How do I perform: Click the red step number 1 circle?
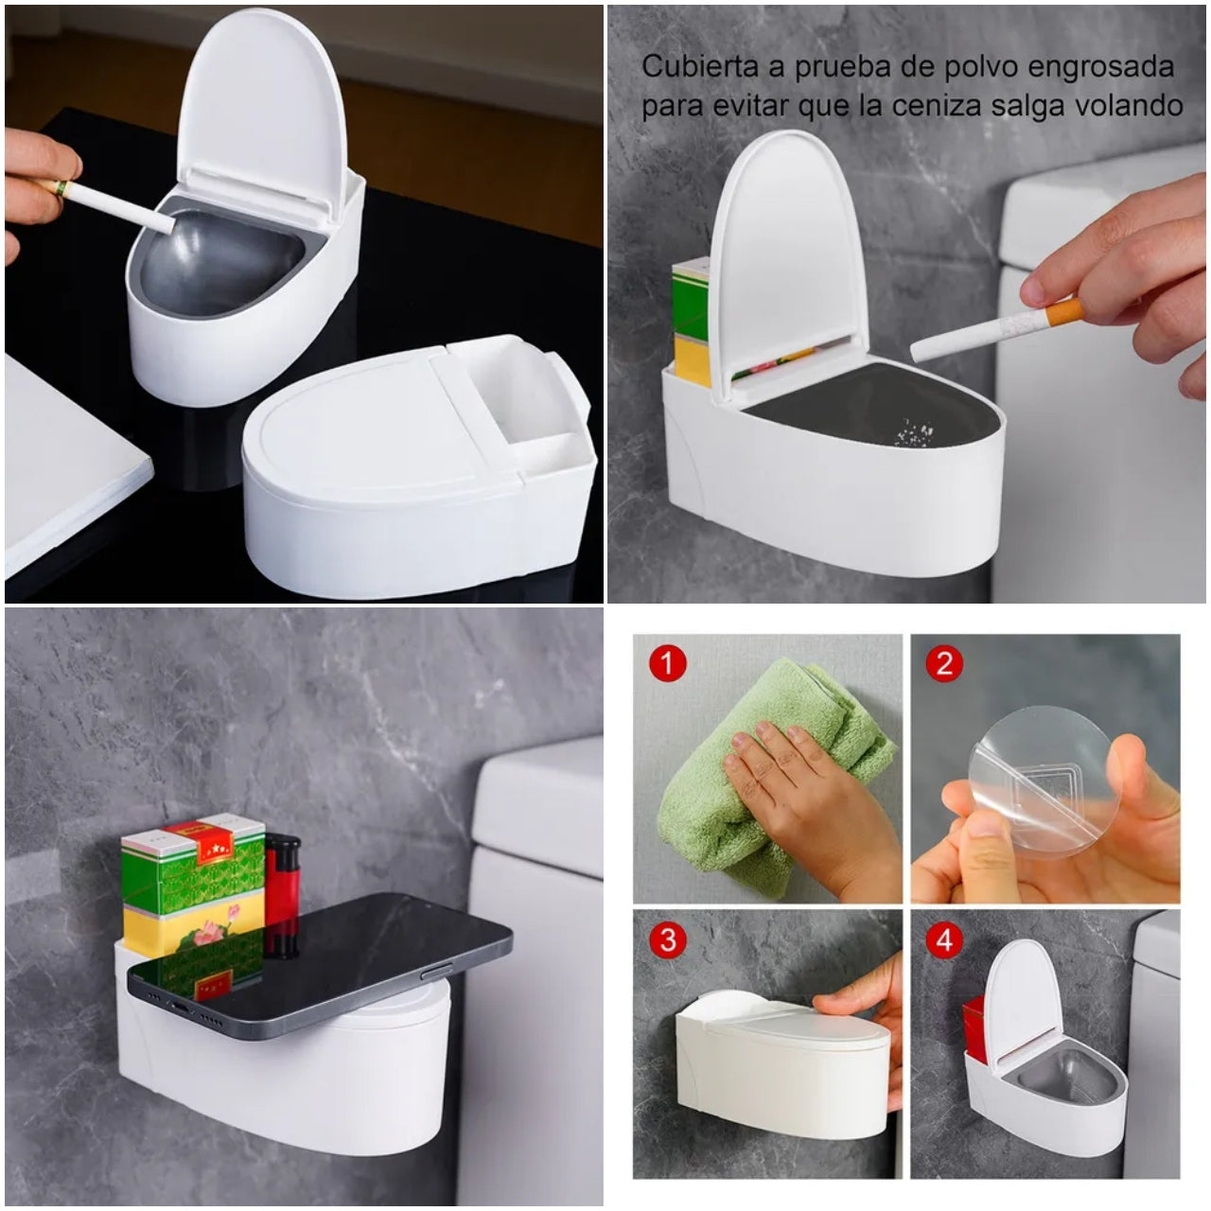click(667, 662)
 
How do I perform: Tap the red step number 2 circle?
click(944, 662)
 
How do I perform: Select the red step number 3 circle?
click(667, 940)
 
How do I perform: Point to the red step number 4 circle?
click(944, 940)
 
